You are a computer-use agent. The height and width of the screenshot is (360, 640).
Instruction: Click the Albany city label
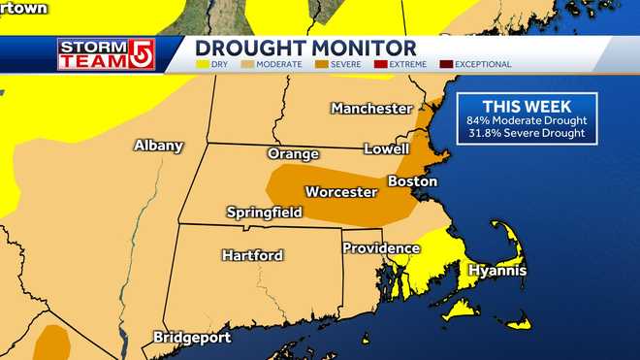[x=159, y=146]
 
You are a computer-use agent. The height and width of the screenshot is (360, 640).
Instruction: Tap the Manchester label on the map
[x=371, y=108]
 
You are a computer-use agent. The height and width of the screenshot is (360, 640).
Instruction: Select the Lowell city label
[x=386, y=149]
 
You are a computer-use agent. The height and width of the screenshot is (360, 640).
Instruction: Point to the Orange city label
[x=293, y=154]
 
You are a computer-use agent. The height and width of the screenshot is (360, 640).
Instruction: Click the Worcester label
[x=340, y=192]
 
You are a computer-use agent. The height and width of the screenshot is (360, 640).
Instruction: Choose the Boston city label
[x=412, y=181]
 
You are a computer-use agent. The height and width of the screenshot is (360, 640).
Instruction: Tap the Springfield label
[x=264, y=212]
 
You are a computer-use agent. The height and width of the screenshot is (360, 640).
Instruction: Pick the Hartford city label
[x=252, y=255]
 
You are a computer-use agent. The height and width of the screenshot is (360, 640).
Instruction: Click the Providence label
[x=380, y=248]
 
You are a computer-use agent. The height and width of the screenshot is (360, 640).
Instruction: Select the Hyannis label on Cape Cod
[x=497, y=271]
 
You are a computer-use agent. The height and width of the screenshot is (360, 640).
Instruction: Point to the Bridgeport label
[x=192, y=338]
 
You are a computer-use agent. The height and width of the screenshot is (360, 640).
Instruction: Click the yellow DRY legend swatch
[x=202, y=64]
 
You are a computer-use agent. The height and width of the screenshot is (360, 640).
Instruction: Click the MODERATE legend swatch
[x=247, y=64]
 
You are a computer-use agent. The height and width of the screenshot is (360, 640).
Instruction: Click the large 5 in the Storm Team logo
[x=138, y=53]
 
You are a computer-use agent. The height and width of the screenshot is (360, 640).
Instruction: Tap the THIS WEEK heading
[x=528, y=106]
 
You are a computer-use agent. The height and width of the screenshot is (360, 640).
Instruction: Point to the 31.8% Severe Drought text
[x=528, y=133]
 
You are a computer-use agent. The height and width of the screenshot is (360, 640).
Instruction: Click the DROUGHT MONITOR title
[x=305, y=48]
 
